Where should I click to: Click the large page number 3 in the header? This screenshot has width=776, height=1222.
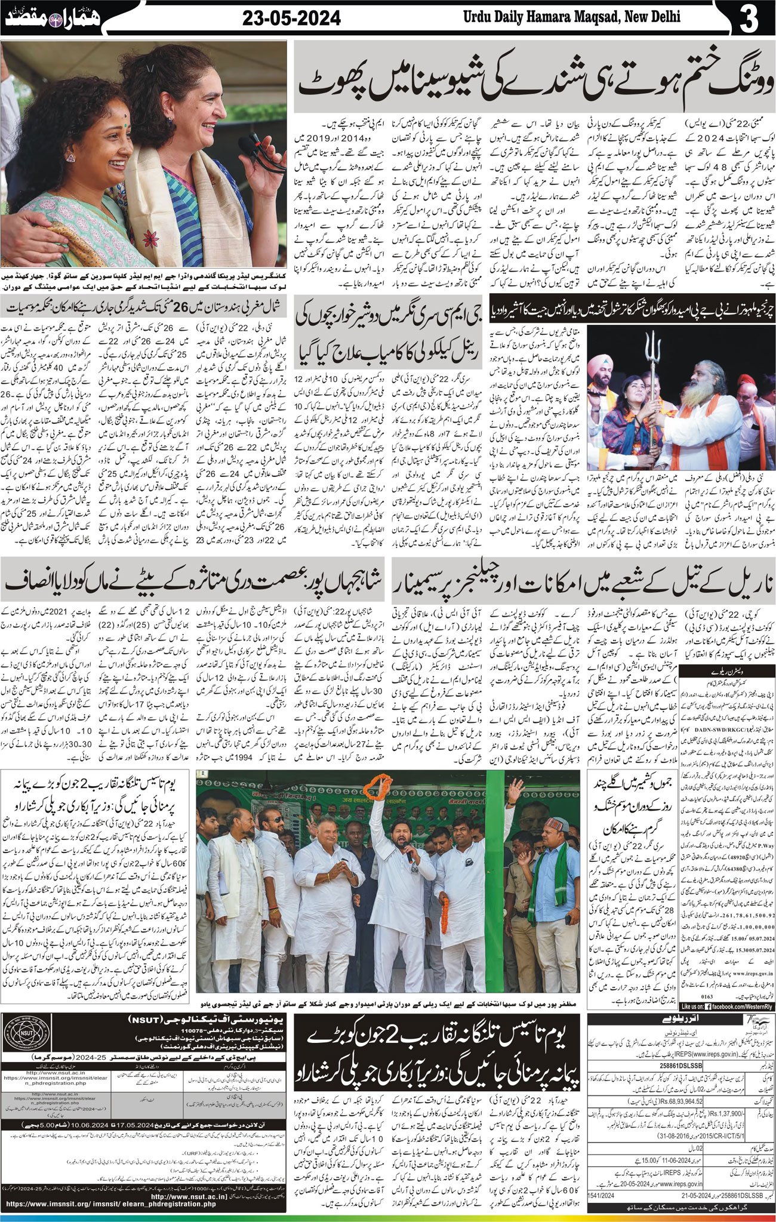[x=749, y=20]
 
